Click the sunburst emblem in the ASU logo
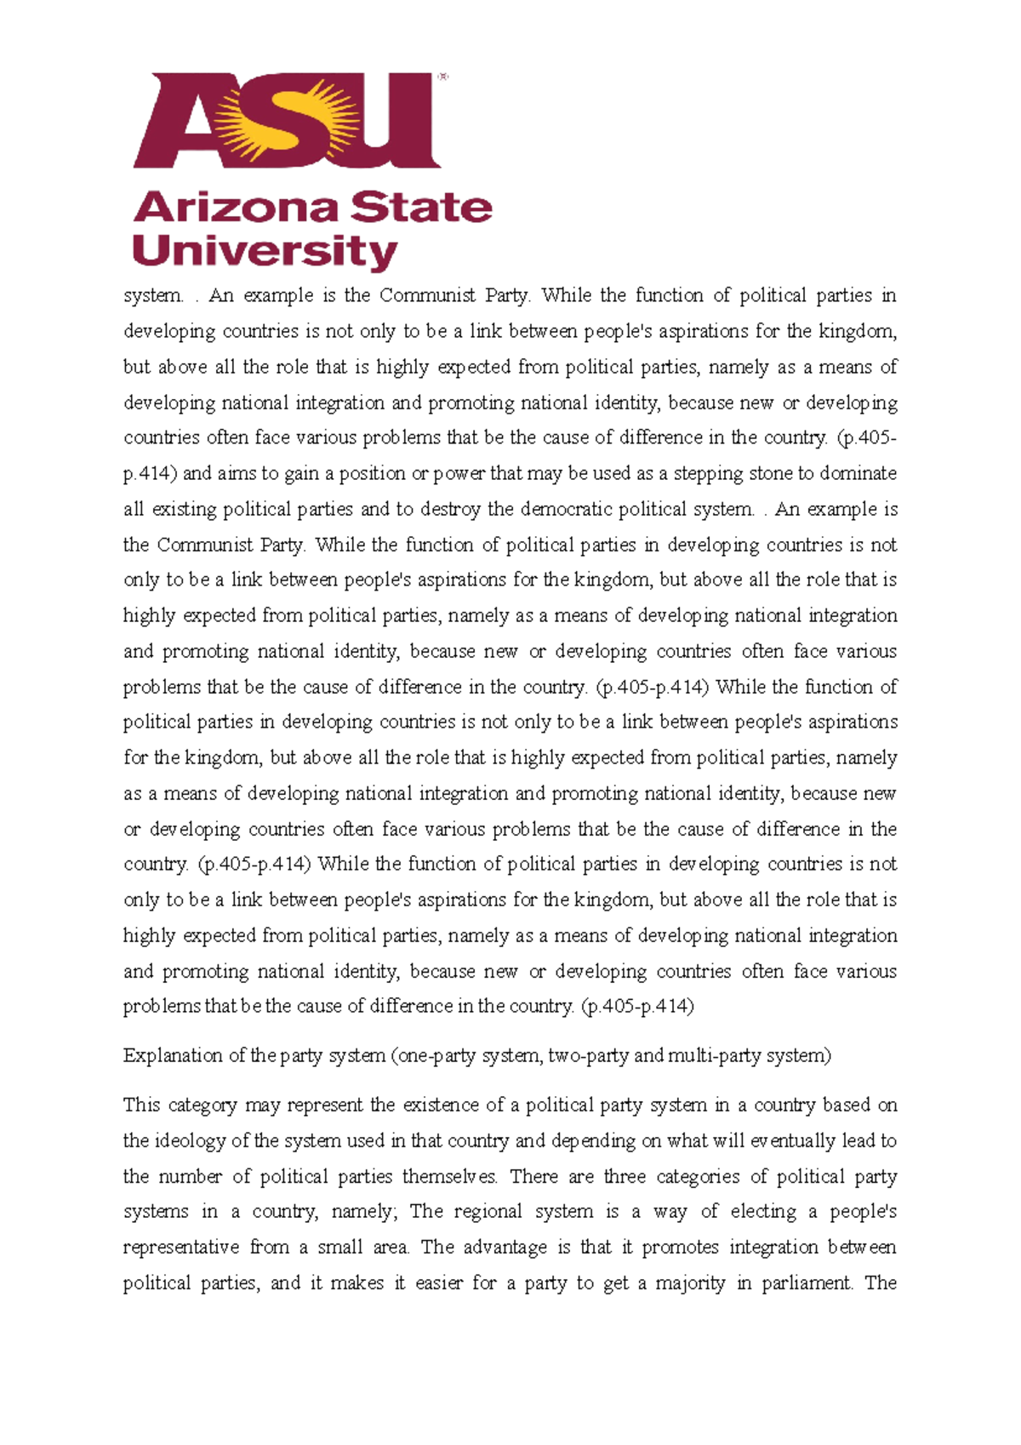click(285, 119)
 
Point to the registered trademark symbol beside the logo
click(442, 77)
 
